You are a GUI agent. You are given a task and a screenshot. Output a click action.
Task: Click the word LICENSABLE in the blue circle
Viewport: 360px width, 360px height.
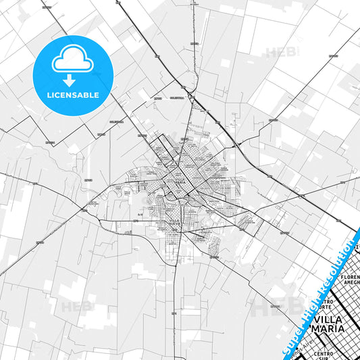[x=72, y=95]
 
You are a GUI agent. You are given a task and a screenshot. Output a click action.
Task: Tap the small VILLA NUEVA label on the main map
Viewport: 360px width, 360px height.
[x=174, y=223]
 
